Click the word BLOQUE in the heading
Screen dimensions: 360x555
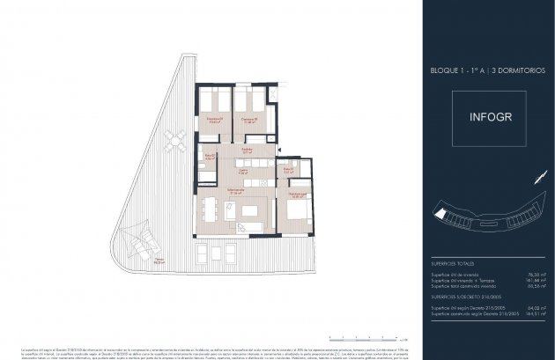(444, 69)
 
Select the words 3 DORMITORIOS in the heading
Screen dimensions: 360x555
(509, 69)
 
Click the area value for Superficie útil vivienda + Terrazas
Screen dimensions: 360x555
(524, 279)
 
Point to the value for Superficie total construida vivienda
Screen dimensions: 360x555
(526, 286)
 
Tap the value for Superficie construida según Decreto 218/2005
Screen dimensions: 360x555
(524, 313)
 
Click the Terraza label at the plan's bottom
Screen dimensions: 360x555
(160, 261)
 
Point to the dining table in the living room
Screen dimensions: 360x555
(211, 209)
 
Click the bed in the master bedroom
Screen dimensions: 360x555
(297, 212)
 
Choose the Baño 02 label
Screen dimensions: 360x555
(210, 158)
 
